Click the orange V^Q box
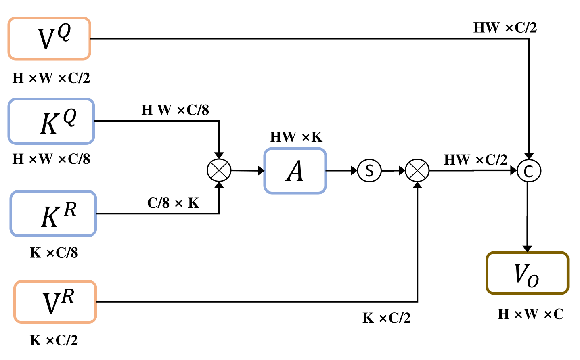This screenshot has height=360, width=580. pos(49,39)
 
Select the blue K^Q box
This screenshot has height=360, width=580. pos(51,121)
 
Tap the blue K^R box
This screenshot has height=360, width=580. pos(53,213)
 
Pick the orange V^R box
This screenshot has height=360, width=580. pos(55,302)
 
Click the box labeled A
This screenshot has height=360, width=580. pos(295,171)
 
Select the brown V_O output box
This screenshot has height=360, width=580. pos(527,273)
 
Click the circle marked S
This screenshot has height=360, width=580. pos(369,171)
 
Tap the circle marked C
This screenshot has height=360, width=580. pos(529,171)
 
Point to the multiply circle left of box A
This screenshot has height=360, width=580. pos(219,170)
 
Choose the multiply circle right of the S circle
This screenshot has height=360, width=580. pos(417,171)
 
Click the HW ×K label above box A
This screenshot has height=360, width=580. pos(296,137)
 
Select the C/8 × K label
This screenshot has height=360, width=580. pos(173,203)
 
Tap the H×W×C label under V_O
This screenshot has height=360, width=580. pos(530,314)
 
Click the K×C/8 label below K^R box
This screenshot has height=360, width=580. pos(54,253)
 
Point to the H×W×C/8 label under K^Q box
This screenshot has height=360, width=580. pos(51,159)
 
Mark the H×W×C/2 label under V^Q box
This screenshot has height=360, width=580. pos(51,78)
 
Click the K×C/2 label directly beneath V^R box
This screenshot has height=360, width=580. pos(54,340)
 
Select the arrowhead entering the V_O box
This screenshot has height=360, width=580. pos(527,248)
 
